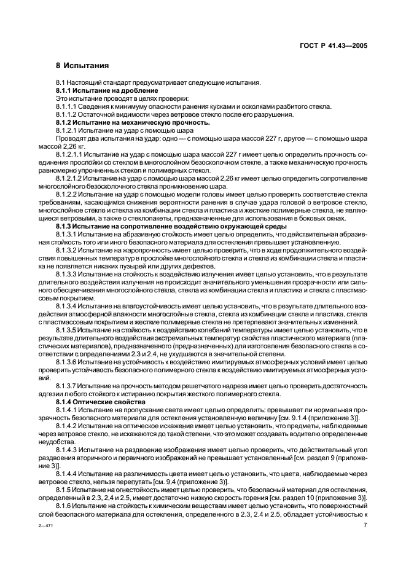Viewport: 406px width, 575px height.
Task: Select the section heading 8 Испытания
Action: [82, 66]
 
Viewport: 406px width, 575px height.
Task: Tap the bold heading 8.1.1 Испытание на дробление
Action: [99, 91]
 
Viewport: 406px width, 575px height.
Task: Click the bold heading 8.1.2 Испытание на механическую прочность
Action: [116, 122]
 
